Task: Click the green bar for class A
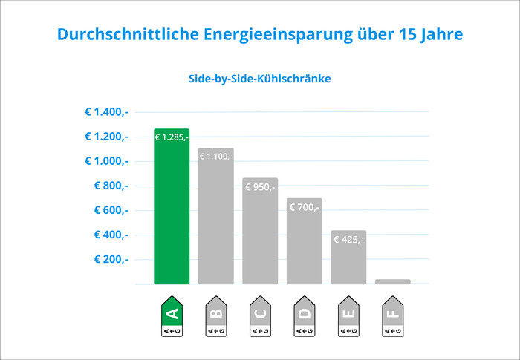[x=172, y=215]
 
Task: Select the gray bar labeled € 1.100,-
[x=216, y=223]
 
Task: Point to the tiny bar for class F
[x=393, y=281]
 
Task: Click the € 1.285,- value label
[x=172, y=137]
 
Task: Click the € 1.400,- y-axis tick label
[x=106, y=112]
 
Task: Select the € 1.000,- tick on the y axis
[x=106, y=161]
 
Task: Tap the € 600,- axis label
[x=111, y=210]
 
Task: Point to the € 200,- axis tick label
[x=111, y=259]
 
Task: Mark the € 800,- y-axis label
[x=111, y=186]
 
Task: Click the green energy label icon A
[x=172, y=318]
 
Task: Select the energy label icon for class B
[x=216, y=318]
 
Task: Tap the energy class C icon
[x=260, y=318]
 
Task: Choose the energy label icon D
[x=305, y=318]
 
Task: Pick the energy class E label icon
[x=348, y=318]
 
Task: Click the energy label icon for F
[x=393, y=318]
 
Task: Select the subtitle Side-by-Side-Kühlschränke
[x=259, y=79]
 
